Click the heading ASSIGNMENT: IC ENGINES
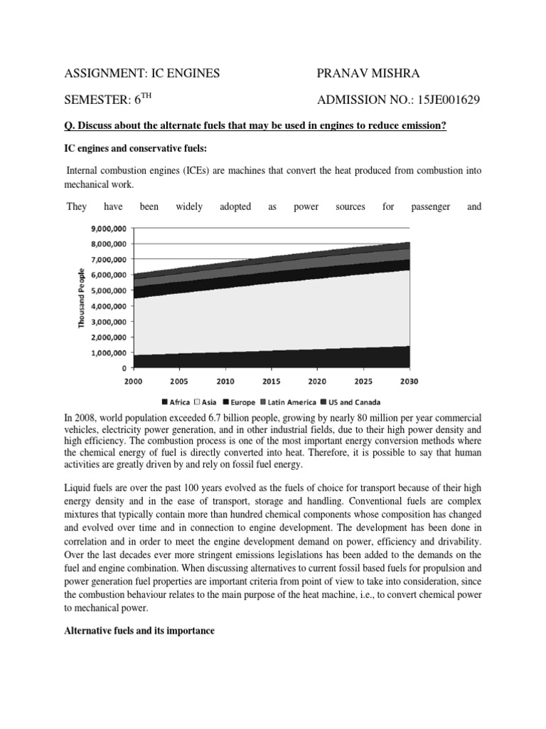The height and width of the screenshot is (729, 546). point(142,73)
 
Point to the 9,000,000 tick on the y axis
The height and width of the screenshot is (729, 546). point(107,229)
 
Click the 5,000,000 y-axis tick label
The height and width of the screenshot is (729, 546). point(107,290)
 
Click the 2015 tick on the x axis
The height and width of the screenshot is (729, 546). point(272,382)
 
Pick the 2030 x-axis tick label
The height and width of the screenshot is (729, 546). point(409,382)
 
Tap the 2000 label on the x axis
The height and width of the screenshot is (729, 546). point(134,382)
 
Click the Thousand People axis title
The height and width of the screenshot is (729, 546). point(81,298)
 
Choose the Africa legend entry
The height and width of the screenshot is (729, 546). point(176,402)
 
